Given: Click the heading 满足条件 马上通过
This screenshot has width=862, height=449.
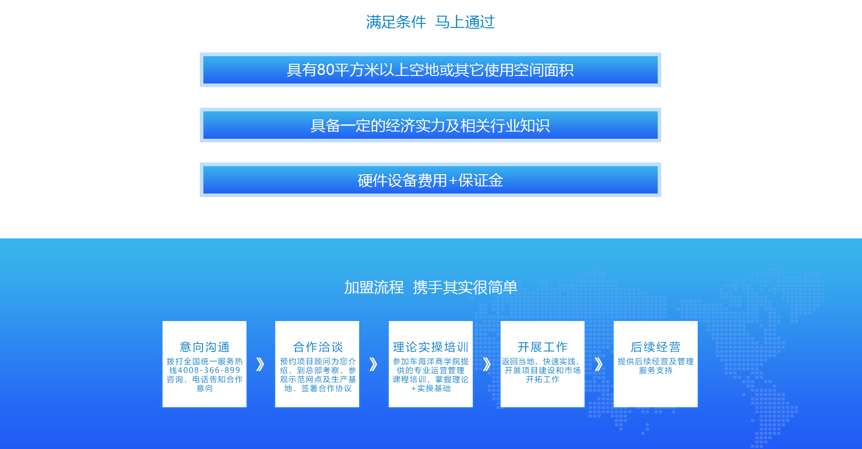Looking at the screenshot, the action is [430, 22].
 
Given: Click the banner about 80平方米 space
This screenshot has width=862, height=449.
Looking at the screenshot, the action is [431, 70].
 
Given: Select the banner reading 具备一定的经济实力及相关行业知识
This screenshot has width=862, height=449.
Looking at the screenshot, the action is [431, 125].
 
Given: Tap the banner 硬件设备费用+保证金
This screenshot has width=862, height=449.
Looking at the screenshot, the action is [431, 180].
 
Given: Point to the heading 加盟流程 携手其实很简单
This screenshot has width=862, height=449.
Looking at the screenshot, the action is [431, 287].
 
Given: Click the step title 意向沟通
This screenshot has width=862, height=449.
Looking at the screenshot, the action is [205, 347].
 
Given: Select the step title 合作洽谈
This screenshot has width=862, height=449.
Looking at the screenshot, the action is [318, 347].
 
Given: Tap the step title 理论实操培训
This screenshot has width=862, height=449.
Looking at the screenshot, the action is [431, 347].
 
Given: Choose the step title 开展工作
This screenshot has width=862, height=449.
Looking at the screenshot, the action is [542, 347].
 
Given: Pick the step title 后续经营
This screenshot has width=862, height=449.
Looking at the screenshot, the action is [655, 347].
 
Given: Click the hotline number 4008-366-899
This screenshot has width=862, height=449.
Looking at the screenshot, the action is [209, 370].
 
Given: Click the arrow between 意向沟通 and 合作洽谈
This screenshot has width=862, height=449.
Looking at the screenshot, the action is [260, 364].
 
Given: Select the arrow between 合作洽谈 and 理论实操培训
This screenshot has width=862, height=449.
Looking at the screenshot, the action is [374, 364].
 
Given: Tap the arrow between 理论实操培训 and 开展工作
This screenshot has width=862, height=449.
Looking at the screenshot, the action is [487, 364].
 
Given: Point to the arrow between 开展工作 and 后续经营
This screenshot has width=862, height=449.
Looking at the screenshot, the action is [598, 364].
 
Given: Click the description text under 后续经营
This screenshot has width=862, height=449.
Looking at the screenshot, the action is [655, 366].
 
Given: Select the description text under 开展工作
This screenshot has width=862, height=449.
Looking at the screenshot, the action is [542, 370].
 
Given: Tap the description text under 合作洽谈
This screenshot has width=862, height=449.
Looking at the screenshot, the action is [318, 375].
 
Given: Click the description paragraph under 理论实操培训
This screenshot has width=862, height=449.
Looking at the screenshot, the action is [431, 375].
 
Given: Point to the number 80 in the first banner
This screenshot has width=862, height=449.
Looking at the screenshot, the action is [326, 70].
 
